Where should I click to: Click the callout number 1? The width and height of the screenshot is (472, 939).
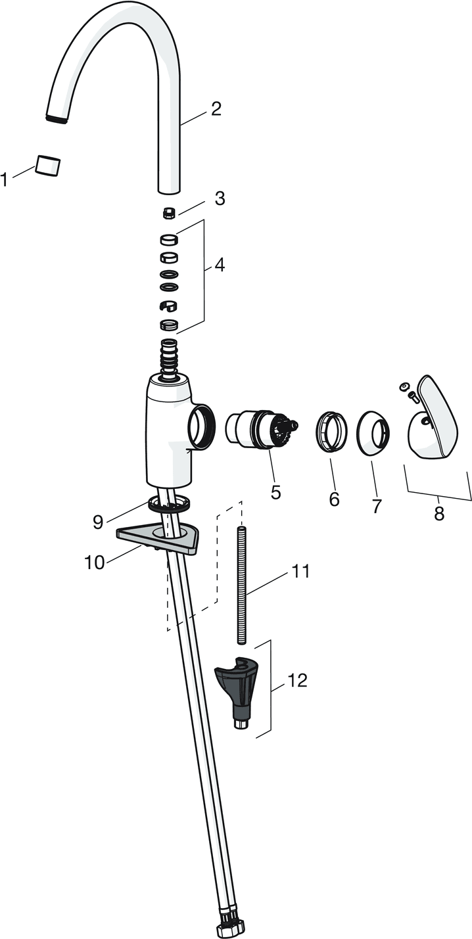pyautogui.click(x=4, y=180)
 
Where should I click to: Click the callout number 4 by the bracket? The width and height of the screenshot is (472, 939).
pyautogui.click(x=218, y=265)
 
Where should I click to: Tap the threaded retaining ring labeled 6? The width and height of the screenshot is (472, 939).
pyautogui.click(x=331, y=431)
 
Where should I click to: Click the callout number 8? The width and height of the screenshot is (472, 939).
pyautogui.click(x=438, y=513)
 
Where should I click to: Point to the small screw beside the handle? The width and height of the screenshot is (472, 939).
pyautogui.click(x=414, y=395)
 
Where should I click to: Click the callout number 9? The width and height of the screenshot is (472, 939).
pyautogui.click(x=98, y=522)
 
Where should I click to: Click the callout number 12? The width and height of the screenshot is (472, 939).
pyautogui.click(x=297, y=680)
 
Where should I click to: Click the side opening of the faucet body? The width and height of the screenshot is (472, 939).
pyautogui.click(x=202, y=426)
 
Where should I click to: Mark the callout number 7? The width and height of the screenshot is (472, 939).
pyautogui.click(x=376, y=506)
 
